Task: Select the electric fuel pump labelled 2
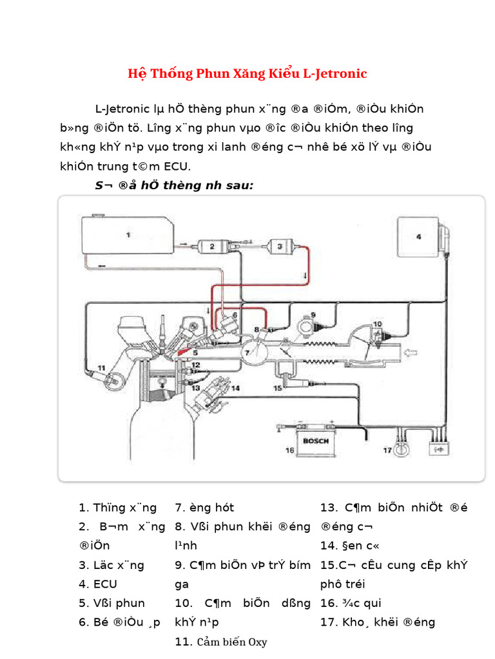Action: point(213,246)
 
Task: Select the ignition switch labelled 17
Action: point(402,450)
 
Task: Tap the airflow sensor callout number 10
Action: point(377,325)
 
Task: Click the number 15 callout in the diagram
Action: point(277,389)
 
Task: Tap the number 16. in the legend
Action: point(329,604)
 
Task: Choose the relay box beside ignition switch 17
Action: point(440,450)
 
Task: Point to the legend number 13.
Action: point(329,508)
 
